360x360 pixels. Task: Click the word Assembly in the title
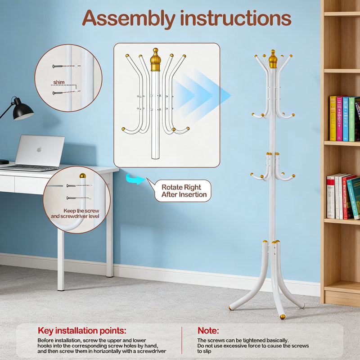(129, 19)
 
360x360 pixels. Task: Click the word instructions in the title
(236, 18)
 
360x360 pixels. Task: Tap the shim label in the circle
(59, 82)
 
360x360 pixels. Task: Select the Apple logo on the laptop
(39, 150)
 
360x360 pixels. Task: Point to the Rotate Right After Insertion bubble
(183, 191)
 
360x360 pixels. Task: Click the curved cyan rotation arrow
(135, 179)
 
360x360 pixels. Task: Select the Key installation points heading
(82, 331)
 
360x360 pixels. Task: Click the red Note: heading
(208, 331)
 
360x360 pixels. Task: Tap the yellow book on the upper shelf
(333, 118)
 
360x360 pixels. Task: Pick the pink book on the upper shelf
(339, 119)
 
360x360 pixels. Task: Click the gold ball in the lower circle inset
(83, 176)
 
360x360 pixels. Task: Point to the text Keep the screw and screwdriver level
(75, 213)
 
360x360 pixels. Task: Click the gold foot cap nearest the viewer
(283, 317)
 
